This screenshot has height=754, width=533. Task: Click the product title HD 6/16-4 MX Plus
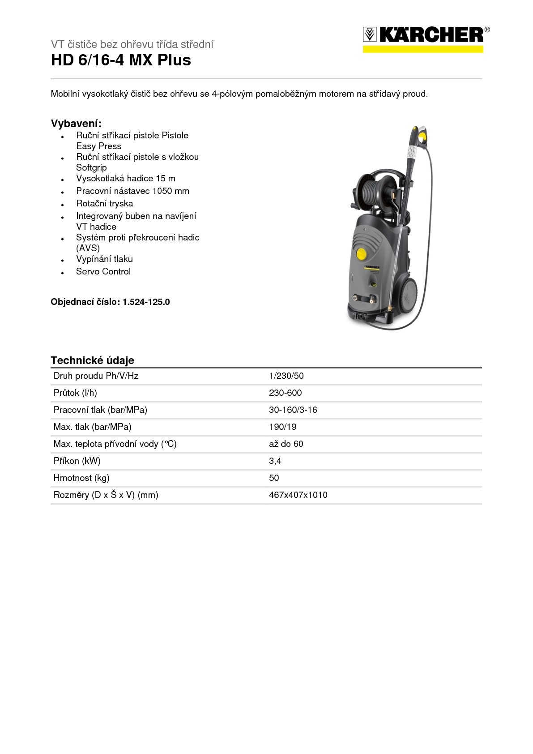tap(121, 60)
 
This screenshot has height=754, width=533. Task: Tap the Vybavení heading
tap(76, 124)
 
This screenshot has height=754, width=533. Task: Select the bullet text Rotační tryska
tap(104, 203)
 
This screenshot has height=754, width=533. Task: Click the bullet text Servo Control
tap(103, 271)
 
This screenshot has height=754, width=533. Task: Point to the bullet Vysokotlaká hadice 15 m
tap(126, 178)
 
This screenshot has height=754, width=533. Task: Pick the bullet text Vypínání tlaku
tap(104, 259)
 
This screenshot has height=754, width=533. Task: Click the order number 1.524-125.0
tap(146, 302)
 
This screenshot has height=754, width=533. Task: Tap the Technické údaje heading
tap(92, 360)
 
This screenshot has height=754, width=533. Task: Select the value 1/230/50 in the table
tap(286, 376)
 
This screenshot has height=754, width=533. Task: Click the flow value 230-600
tap(286, 393)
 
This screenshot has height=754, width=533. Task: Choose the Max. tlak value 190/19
tap(283, 427)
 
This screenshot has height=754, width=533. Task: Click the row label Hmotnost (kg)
tap(81, 478)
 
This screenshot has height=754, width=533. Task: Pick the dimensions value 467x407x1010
tap(298, 495)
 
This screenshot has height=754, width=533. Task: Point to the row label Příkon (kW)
tap(77, 461)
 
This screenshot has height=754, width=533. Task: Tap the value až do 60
tap(286, 444)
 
